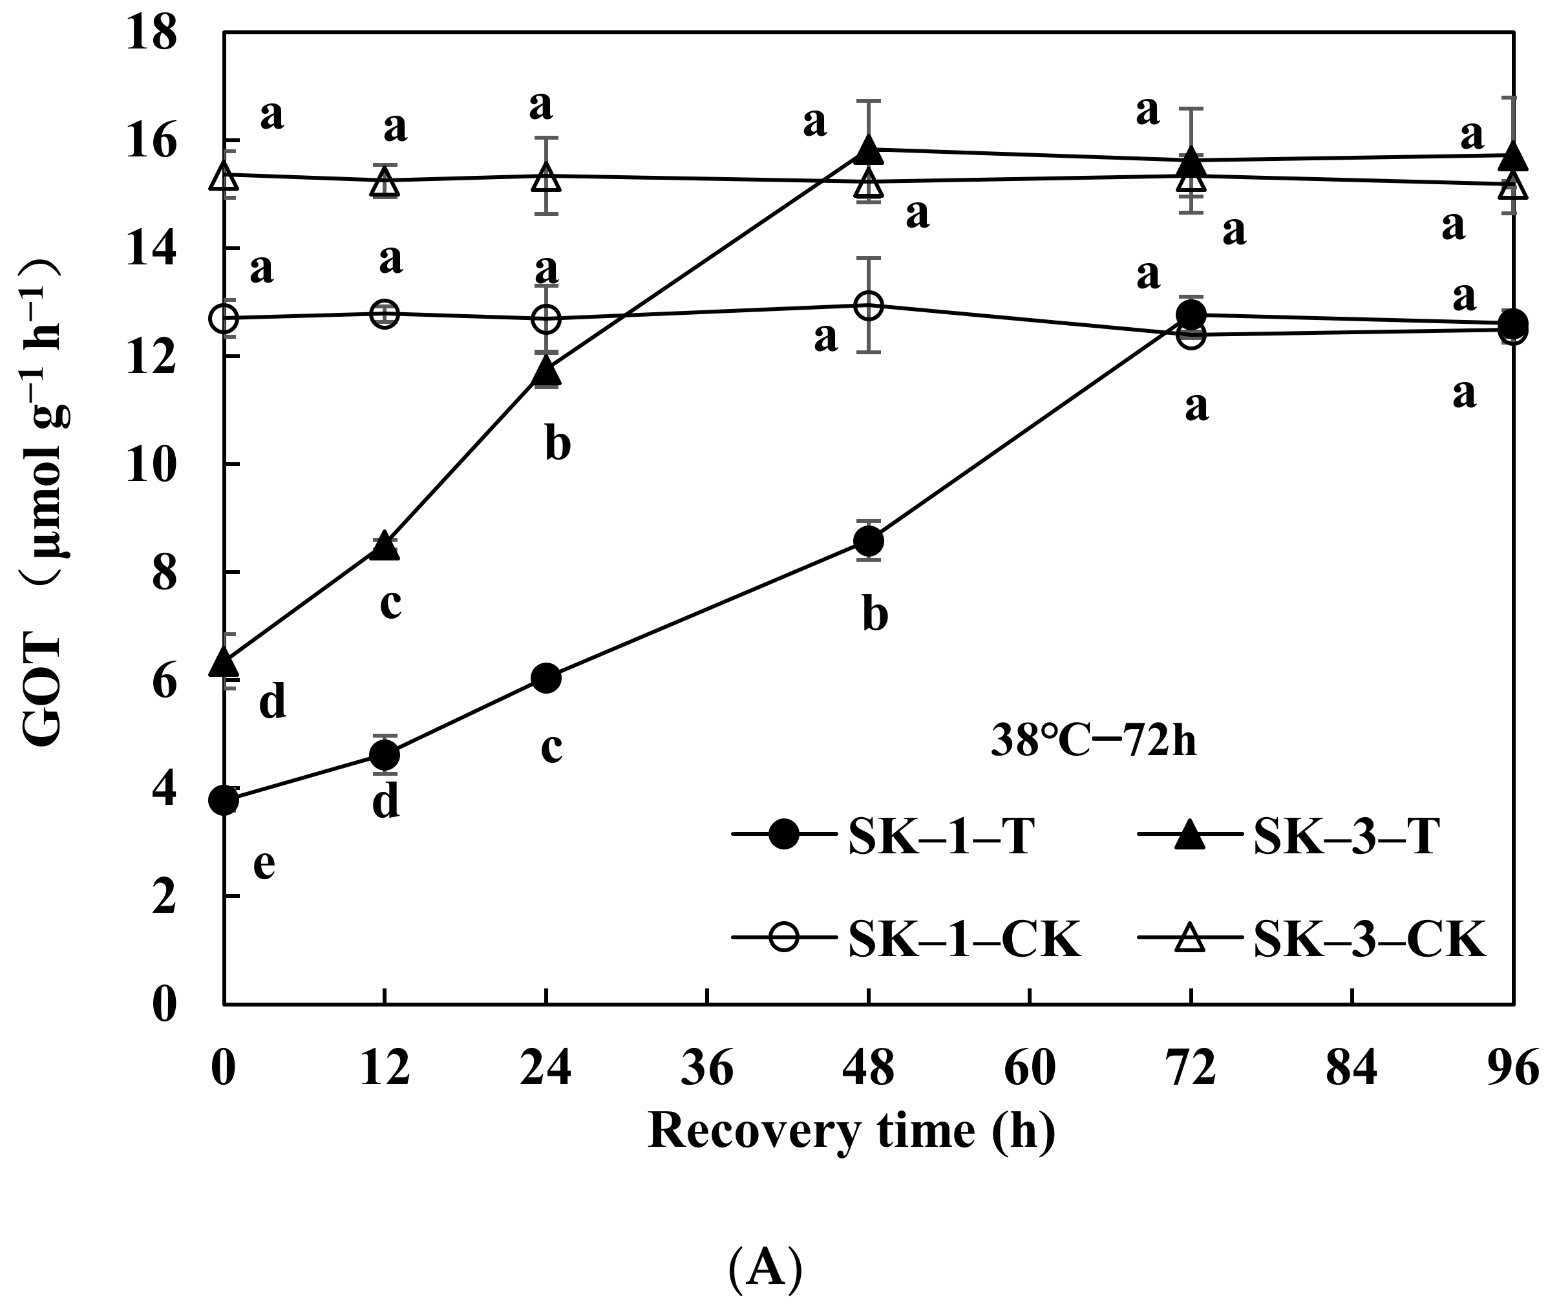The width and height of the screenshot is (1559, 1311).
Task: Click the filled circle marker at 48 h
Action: coord(868,540)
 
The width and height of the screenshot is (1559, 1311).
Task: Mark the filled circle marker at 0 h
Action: coord(224,800)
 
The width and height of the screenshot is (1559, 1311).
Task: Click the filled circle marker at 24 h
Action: coord(546,677)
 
